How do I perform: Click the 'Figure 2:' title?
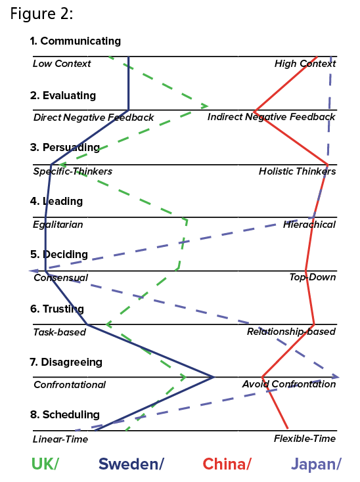click(41, 14)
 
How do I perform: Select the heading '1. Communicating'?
click(76, 41)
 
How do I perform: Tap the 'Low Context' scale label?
click(62, 64)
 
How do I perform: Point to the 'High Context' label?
click(305, 64)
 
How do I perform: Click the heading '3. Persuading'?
click(65, 147)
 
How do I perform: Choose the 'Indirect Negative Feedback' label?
click(271, 117)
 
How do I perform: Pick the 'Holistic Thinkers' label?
click(298, 171)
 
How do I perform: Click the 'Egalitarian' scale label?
click(58, 225)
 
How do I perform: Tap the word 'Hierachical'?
click(309, 225)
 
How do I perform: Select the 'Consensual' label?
click(61, 278)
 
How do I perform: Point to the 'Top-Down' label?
click(313, 277)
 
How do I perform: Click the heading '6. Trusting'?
click(57, 309)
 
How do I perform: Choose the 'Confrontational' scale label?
click(70, 385)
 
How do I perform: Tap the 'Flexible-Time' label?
click(305, 439)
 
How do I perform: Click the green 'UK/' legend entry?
click(45, 464)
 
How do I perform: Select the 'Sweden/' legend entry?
click(131, 464)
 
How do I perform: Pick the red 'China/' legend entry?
click(227, 464)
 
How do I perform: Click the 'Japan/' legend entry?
click(316, 464)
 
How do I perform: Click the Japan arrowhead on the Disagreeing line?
click(336, 376)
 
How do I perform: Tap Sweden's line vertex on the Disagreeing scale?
click(214, 377)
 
